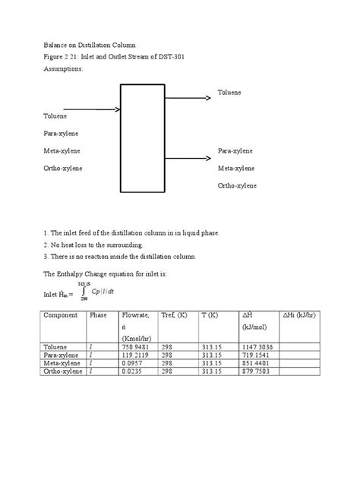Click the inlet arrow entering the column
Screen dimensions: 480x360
tap(83, 109)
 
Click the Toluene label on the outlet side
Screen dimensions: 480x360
tap(230, 92)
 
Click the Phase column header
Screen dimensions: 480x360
tap(99, 314)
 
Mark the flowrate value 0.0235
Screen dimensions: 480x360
tap(132, 371)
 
